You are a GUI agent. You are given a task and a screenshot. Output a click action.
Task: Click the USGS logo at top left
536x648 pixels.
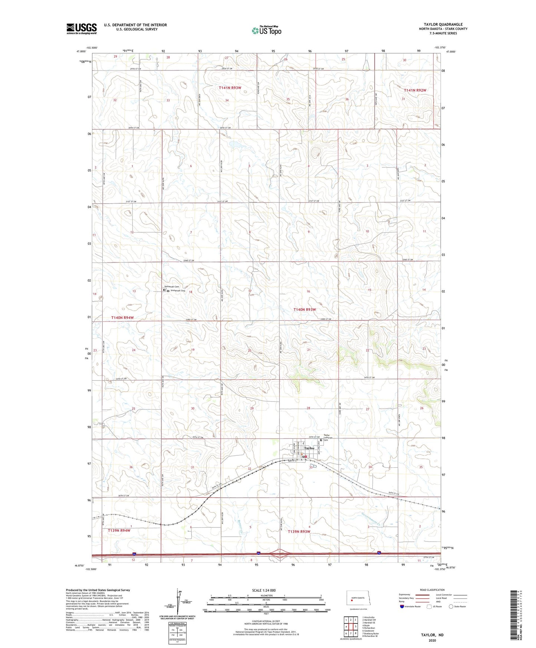(x=82, y=29)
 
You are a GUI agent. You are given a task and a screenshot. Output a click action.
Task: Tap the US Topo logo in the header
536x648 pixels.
(x=266, y=30)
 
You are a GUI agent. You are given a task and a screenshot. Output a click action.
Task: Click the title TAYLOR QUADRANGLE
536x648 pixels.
(x=443, y=24)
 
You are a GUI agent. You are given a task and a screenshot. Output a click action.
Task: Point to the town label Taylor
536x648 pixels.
(x=309, y=448)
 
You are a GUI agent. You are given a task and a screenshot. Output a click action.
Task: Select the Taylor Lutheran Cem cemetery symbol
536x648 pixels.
(x=321, y=441)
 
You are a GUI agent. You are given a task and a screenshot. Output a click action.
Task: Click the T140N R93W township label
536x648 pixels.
(x=305, y=309)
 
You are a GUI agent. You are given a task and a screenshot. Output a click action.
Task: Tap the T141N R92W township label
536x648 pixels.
(x=415, y=90)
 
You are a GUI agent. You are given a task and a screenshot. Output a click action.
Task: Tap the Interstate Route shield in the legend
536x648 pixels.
(x=402, y=607)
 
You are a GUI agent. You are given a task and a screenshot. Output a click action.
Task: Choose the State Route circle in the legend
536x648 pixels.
(x=451, y=607)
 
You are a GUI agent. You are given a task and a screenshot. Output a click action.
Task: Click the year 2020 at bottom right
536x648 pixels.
(x=432, y=641)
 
